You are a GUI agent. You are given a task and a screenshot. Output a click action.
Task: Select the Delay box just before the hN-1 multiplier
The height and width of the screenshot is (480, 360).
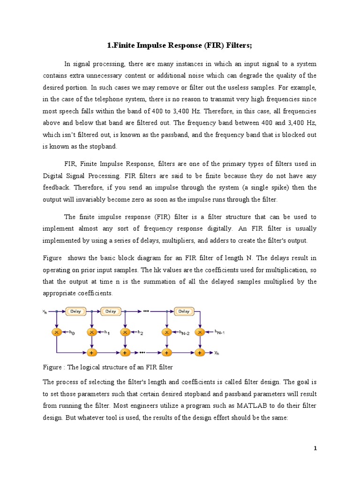pyautogui.click(x=184, y=311)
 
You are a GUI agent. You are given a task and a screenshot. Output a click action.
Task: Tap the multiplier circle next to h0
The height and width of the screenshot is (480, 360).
pyautogui.click(x=57, y=332)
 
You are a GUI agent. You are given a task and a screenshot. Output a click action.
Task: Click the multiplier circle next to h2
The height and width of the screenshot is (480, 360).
pyautogui.click(x=125, y=332)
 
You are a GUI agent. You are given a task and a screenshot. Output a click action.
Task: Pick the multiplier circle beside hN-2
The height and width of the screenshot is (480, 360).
pyautogui.click(x=166, y=332)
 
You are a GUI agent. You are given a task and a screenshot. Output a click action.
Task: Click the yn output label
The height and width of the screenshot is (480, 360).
pyautogui.click(x=217, y=352)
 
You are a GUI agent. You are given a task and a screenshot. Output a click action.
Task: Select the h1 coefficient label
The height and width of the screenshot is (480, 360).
pyautogui.click(x=106, y=333)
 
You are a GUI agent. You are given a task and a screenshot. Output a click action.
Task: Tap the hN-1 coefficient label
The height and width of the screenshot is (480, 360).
pyautogui.click(x=219, y=332)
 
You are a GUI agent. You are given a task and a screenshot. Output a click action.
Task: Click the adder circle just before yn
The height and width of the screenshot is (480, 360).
pyautogui.click(x=200, y=352)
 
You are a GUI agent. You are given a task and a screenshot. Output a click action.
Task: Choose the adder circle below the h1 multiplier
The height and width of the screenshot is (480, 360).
pyautogui.click(x=92, y=352)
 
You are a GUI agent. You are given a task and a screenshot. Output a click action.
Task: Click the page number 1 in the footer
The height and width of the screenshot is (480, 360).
pyautogui.click(x=315, y=449)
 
